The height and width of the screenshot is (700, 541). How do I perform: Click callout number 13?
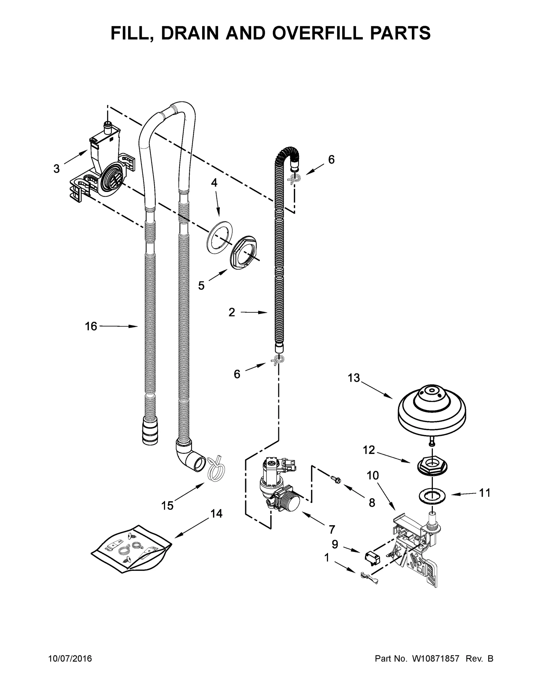coord(354,378)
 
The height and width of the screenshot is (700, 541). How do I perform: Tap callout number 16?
coord(91,326)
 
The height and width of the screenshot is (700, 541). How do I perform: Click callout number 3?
coord(56,169)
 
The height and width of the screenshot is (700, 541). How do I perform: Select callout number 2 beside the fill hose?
coord(231,312)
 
